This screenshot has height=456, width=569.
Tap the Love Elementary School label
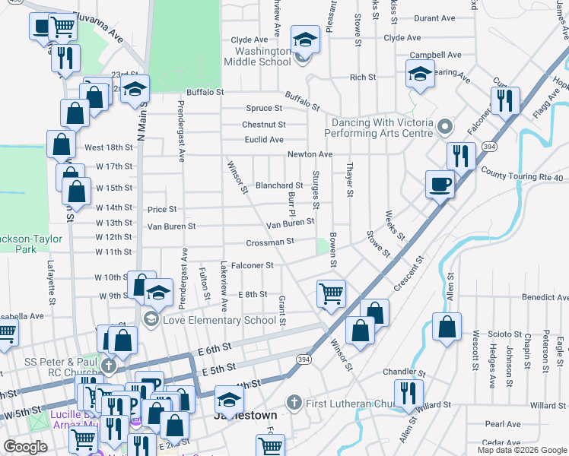[x=219, y=320]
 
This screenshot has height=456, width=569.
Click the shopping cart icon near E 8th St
[x=331, y=293]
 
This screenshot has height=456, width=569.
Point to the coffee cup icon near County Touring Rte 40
[x=440, y=184]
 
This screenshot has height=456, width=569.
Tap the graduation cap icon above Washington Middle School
[x=305, y=40]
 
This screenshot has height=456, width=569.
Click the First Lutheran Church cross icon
[x=293, y=401]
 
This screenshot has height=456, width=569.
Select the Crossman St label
[x=269, y=242]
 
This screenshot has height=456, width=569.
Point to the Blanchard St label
[x=279, y=185]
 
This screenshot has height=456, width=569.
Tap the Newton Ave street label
[x=310, y=154]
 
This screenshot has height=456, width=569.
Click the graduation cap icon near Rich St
[x=418, y=74]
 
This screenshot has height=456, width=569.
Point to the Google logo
[x=26, y=447]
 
